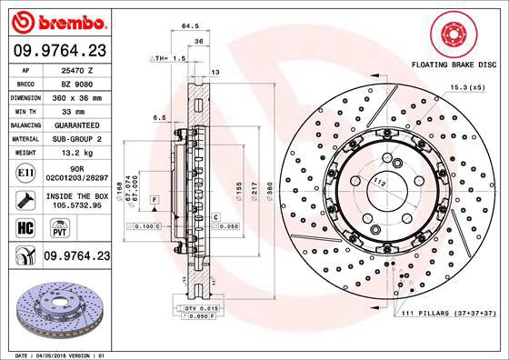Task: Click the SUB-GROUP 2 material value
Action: [x=76, y=138]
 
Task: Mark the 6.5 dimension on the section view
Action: [x=159, y=117]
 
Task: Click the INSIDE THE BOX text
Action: [x=76, y=196]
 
